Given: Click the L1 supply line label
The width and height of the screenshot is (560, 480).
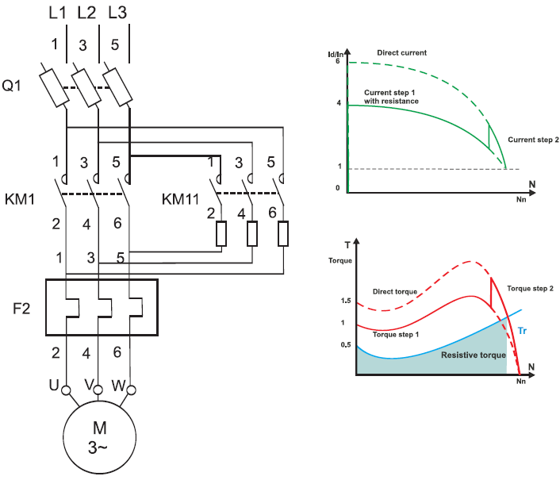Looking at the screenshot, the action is point(57,13).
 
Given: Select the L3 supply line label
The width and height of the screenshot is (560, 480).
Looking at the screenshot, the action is point(117,13).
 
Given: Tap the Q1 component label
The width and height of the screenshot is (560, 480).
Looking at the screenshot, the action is point(11,86).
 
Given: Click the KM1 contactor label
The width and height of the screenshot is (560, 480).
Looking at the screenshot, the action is point(20,199).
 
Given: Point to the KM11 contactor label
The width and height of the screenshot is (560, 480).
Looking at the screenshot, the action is point(180,199).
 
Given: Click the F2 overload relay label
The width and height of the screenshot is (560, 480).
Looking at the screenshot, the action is point(21,309).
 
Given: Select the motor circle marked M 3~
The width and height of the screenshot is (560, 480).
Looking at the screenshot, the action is point(100,437).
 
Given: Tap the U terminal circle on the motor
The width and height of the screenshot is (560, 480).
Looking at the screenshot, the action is point(66,390).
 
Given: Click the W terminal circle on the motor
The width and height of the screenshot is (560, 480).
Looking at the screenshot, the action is point(132,390).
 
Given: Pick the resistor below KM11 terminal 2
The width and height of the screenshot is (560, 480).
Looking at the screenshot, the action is point(221,234).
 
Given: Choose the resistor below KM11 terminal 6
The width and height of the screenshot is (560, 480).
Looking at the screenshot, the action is point(283,234).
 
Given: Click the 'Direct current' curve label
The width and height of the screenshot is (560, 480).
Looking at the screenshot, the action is point(402,53).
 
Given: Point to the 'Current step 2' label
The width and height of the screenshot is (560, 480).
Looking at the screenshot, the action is point(533,140).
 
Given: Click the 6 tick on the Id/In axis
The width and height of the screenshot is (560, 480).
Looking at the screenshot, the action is point(337,61).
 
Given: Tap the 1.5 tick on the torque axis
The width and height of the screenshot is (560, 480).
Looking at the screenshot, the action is point(346,301).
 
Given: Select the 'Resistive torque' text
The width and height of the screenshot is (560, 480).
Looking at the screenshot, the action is point(474,355).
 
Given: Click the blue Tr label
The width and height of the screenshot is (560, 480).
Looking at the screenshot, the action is point(522,331).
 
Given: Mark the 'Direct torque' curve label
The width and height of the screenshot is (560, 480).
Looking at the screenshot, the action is point(395,291).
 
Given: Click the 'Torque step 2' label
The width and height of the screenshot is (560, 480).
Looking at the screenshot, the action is point(531,288).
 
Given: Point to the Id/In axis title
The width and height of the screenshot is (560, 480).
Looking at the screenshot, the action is point(336,54).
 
